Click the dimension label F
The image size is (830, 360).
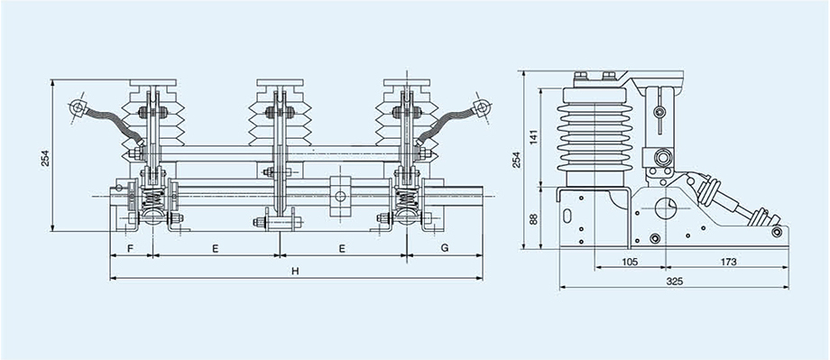[131, 248]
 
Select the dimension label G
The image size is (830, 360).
[445, 248]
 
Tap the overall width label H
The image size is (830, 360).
[295, 271]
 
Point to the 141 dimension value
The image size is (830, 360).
[533, 137]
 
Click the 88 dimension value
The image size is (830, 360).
[533, 218]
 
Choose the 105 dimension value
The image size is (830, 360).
[630, 262]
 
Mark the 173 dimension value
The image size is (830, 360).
[728, 262]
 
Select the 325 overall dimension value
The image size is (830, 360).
[675, 282]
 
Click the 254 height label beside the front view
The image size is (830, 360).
[45, 158]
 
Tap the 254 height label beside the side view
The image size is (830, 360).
[516, 160]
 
